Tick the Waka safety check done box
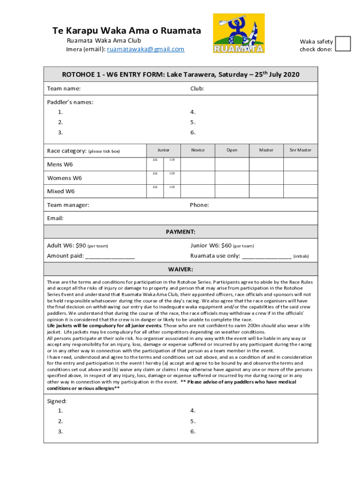(x=343, y=43)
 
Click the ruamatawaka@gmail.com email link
(x=145, y=49)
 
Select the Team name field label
(x=64, y=88)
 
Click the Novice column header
(x=198, y=150)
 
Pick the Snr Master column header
(x=300, y=150)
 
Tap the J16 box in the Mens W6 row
(x=155, y=165)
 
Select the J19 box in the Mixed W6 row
(x=172, y=191)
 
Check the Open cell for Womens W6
(x=231, y=178)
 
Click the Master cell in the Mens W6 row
(x=266, y=165)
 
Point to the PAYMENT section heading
(x=180, y=232)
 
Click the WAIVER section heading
(x=180, y=269)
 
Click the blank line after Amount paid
(x=110, y=256)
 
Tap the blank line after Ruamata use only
(x=266, y=256)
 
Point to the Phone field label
(x=199, y=205)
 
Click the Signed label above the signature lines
(x=57, y=401)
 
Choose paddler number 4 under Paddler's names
(x=193, y=112)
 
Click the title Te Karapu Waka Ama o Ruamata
(x=126, y=31)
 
